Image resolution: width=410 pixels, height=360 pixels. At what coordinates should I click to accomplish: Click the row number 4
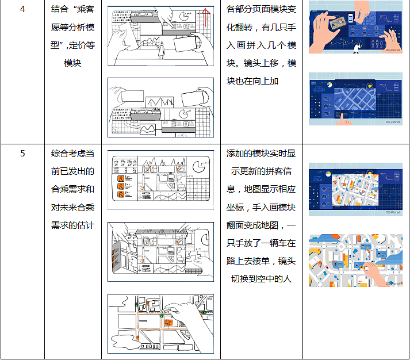pos(22,9)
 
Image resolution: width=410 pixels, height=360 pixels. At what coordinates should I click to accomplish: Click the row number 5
pos(22,153)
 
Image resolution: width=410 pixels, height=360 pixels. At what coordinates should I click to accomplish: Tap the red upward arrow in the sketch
pos(206,18)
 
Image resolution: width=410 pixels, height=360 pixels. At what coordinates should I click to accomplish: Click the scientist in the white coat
pos(357,48)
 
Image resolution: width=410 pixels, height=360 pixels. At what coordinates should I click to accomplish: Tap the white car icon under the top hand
pos(350,18)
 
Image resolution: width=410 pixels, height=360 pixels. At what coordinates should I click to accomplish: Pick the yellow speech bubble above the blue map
pos(369,85)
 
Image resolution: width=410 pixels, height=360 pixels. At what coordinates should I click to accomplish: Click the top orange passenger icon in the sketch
pos(121,178)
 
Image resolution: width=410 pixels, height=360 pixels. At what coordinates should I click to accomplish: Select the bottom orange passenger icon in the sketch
pos(121,194)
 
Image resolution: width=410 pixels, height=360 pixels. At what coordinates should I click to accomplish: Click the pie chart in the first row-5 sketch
pos(199,167)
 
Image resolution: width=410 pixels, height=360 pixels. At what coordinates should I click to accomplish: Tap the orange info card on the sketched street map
pos(168,323)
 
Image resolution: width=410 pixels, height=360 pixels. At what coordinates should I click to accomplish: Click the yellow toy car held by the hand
pos(362,267)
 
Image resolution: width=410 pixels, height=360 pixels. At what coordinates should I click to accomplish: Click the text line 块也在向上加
pos(252,81)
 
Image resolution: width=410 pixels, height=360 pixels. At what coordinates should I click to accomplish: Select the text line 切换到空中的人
pos(261,279)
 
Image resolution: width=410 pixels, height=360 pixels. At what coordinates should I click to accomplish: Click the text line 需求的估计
pos(72,225)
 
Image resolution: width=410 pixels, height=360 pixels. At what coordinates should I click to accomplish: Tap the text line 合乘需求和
pos(72,189)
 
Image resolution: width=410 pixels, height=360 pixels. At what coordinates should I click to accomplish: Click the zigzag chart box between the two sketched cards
pos(159,102)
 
